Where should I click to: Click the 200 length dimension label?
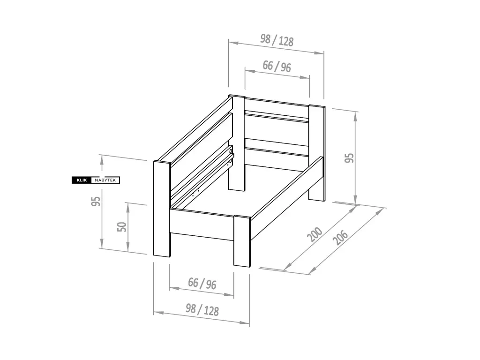coord(315,234)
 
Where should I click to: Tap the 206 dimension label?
coord(341,237)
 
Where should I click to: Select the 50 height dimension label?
coord(122,227)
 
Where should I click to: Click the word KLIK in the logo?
coord(82,180)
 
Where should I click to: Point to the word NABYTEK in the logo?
coord(105,180)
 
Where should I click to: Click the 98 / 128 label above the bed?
coord(277,40)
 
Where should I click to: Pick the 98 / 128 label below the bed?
coord(202,310)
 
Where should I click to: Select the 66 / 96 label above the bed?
coord(277,66)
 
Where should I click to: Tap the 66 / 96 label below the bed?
coord(202,283)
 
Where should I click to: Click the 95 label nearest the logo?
coord(96,201)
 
